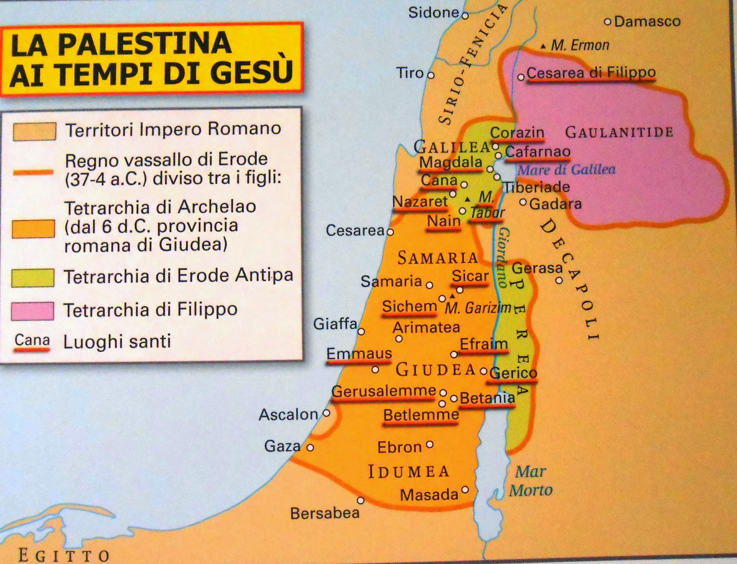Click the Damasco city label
pyautogui.click(x=647, y=22)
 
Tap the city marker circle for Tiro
pyautogui.click(x=431, y=75)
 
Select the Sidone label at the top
pyautogui.click(x=433, y=12)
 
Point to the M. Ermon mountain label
pyautogui.click(x=579, y=45)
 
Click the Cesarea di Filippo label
pyautogui.click(x=591, y=72)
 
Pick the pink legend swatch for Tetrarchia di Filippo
pyautogui.click(x=33, y=311)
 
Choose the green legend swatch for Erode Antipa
pyautogui.click(x=33, y=278)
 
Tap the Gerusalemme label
pyautogui.click(x=384, y=391)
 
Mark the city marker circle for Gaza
pyautogui.click(x=310, y=447)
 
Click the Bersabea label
pyautogui.click(x=325, y=513)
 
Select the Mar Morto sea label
pyautogui.click(x=531, y=481)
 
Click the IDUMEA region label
pyautogui.click(x=408, y=471)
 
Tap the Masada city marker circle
pyautogui.click(x=465, y=489)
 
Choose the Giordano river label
pyautogui.click(x=503, y=257)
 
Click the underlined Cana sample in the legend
pyautogui.click(x=32, y=341)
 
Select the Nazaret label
pyautogui.click(x=420, y=201)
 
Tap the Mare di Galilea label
pyautogui.click(x=566, y=170)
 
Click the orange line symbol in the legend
pyautogui.click(x=33, y=172)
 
